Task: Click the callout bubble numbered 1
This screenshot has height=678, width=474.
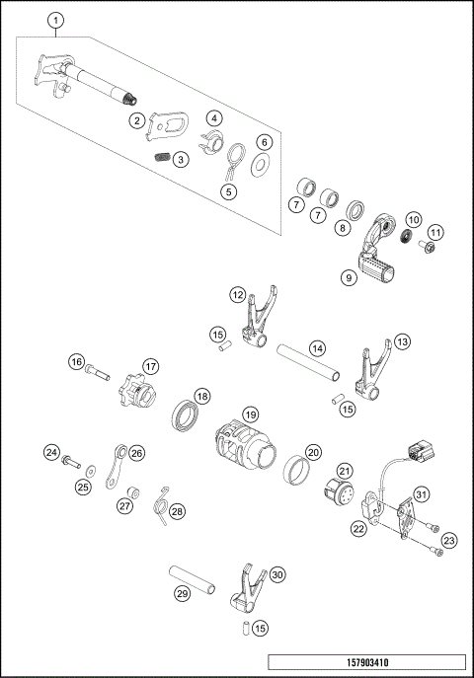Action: [x=56, y=20]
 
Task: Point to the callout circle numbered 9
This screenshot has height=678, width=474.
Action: [x=349, y=279]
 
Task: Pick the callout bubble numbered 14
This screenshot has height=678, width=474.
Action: [x=317, y=348]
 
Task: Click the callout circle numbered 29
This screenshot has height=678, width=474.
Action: [x=182, y=594]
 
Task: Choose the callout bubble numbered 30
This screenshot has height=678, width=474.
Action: [x=277, y=574]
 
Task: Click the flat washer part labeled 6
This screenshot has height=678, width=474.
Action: [x=264, y=164]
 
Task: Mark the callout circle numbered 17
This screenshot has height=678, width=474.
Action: [x=151, y=365]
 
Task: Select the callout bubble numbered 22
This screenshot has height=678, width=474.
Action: [x=357, y=529]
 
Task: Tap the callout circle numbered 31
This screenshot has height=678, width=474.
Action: [x=421, y=494]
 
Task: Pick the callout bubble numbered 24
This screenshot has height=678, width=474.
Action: [x=50, y=452]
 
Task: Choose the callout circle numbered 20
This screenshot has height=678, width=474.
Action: [x=313, y=452]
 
